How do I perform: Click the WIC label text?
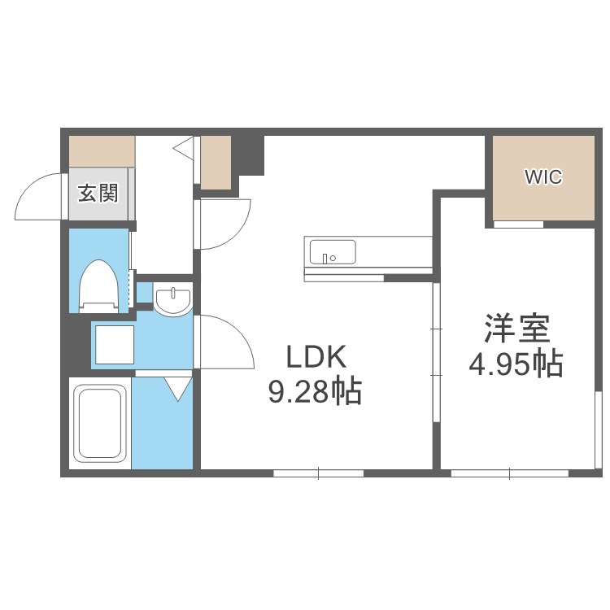click(x=543, y=176)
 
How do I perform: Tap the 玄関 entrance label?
click(x=98, y=193)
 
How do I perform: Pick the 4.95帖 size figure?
click(x=516, y=364)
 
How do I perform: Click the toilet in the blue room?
click(x=99, y=285)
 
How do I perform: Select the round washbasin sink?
click(x=172, y=301)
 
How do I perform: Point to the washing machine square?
click(x=113, y=344)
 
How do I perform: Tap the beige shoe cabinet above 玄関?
click(x=102, y=152)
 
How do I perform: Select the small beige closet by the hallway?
click(x=216, y=162)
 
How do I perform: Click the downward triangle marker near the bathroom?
click(x=179, y=389)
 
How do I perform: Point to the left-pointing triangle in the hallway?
click(x=183, y=149)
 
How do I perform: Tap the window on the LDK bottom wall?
click(x=318, y=473)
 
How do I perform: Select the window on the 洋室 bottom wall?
click(x=509, y=473)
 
